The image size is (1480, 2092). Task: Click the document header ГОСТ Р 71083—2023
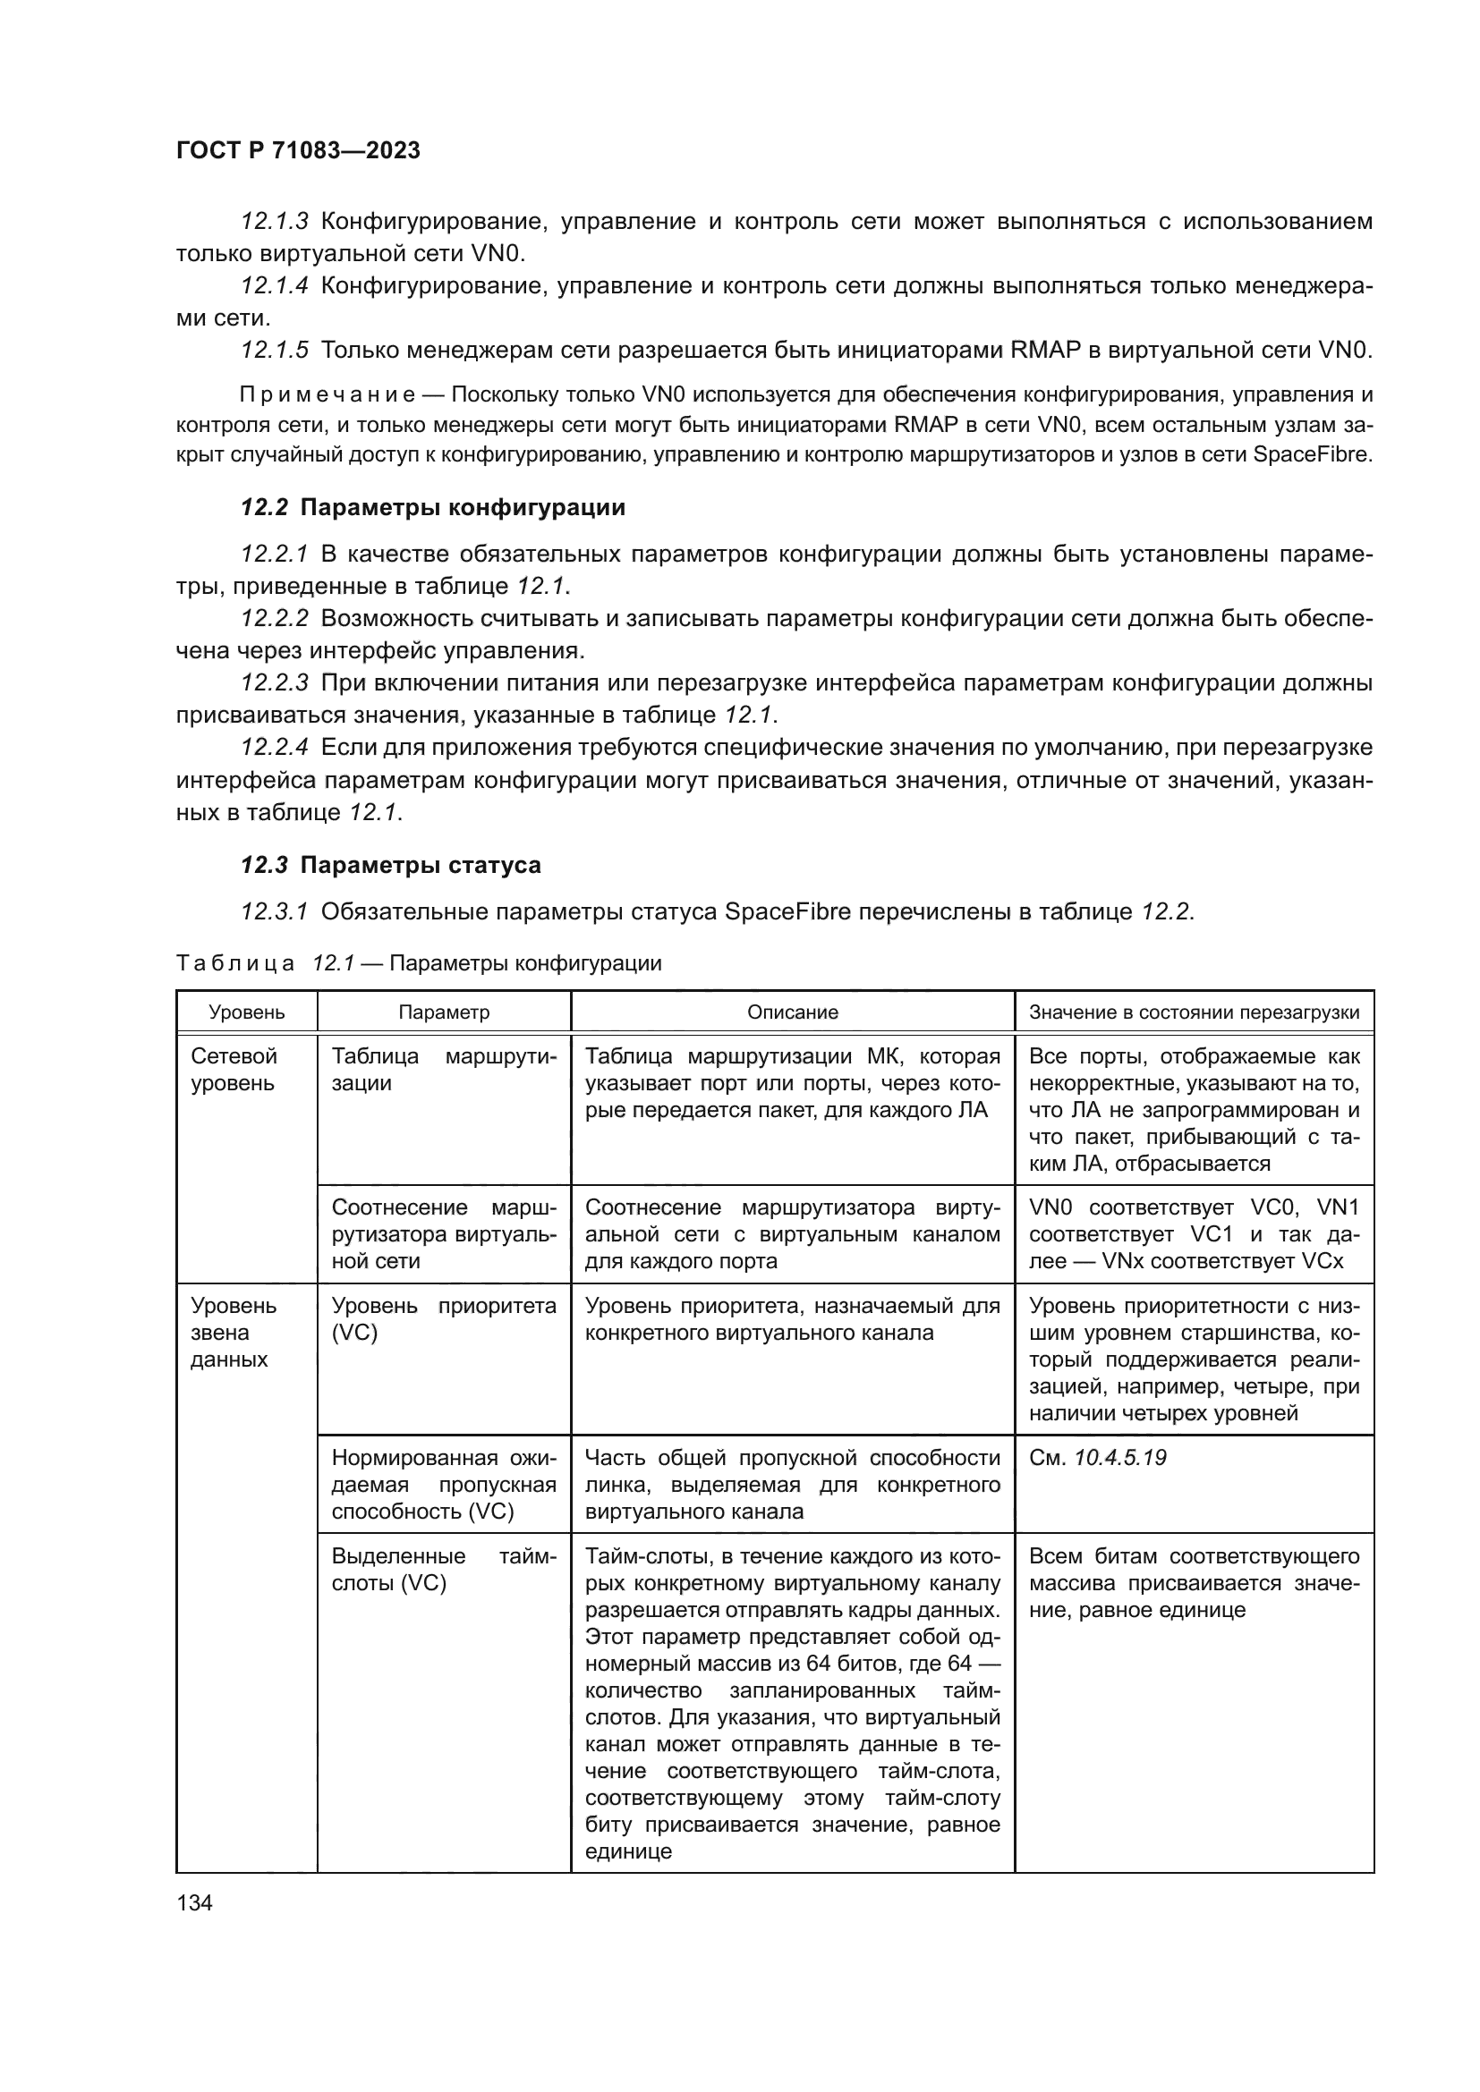point(297,151)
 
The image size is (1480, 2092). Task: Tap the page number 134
point(194,1901)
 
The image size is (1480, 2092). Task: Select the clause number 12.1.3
point(275,222)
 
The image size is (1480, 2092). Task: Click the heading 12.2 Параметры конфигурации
point(433,507)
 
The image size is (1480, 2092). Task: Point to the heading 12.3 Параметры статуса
point(390,865)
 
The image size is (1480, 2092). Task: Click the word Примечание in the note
point(327,394)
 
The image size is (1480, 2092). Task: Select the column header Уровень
point(246,1012)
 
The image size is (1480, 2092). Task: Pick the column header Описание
point(792,1012)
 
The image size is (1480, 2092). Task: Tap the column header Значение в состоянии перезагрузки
point(1194,1012)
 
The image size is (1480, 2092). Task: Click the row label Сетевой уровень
point(234,1070)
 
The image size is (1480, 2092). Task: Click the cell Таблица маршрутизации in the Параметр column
point(443,1070)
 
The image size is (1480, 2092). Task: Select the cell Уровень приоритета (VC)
point(443,1318)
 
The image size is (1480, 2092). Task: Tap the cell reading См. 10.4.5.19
point(1097,1458)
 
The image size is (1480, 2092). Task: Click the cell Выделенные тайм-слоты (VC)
point(443,1570)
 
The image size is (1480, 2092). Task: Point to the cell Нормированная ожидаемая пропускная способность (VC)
point(443,1485)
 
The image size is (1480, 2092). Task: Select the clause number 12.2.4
point(275,748)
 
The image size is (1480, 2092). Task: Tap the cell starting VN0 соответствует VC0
point(1194,1234)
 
